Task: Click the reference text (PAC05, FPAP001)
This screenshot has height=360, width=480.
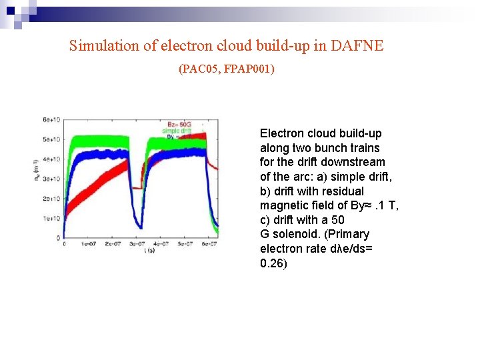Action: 227,68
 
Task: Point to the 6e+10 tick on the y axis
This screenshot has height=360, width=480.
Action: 51,120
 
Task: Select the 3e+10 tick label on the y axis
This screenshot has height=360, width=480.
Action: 51,179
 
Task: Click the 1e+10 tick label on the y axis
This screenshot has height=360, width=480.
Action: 51,218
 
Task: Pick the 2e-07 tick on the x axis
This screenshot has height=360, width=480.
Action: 111,244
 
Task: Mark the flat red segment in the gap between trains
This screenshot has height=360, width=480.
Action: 137,188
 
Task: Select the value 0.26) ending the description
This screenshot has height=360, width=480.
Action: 273,263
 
